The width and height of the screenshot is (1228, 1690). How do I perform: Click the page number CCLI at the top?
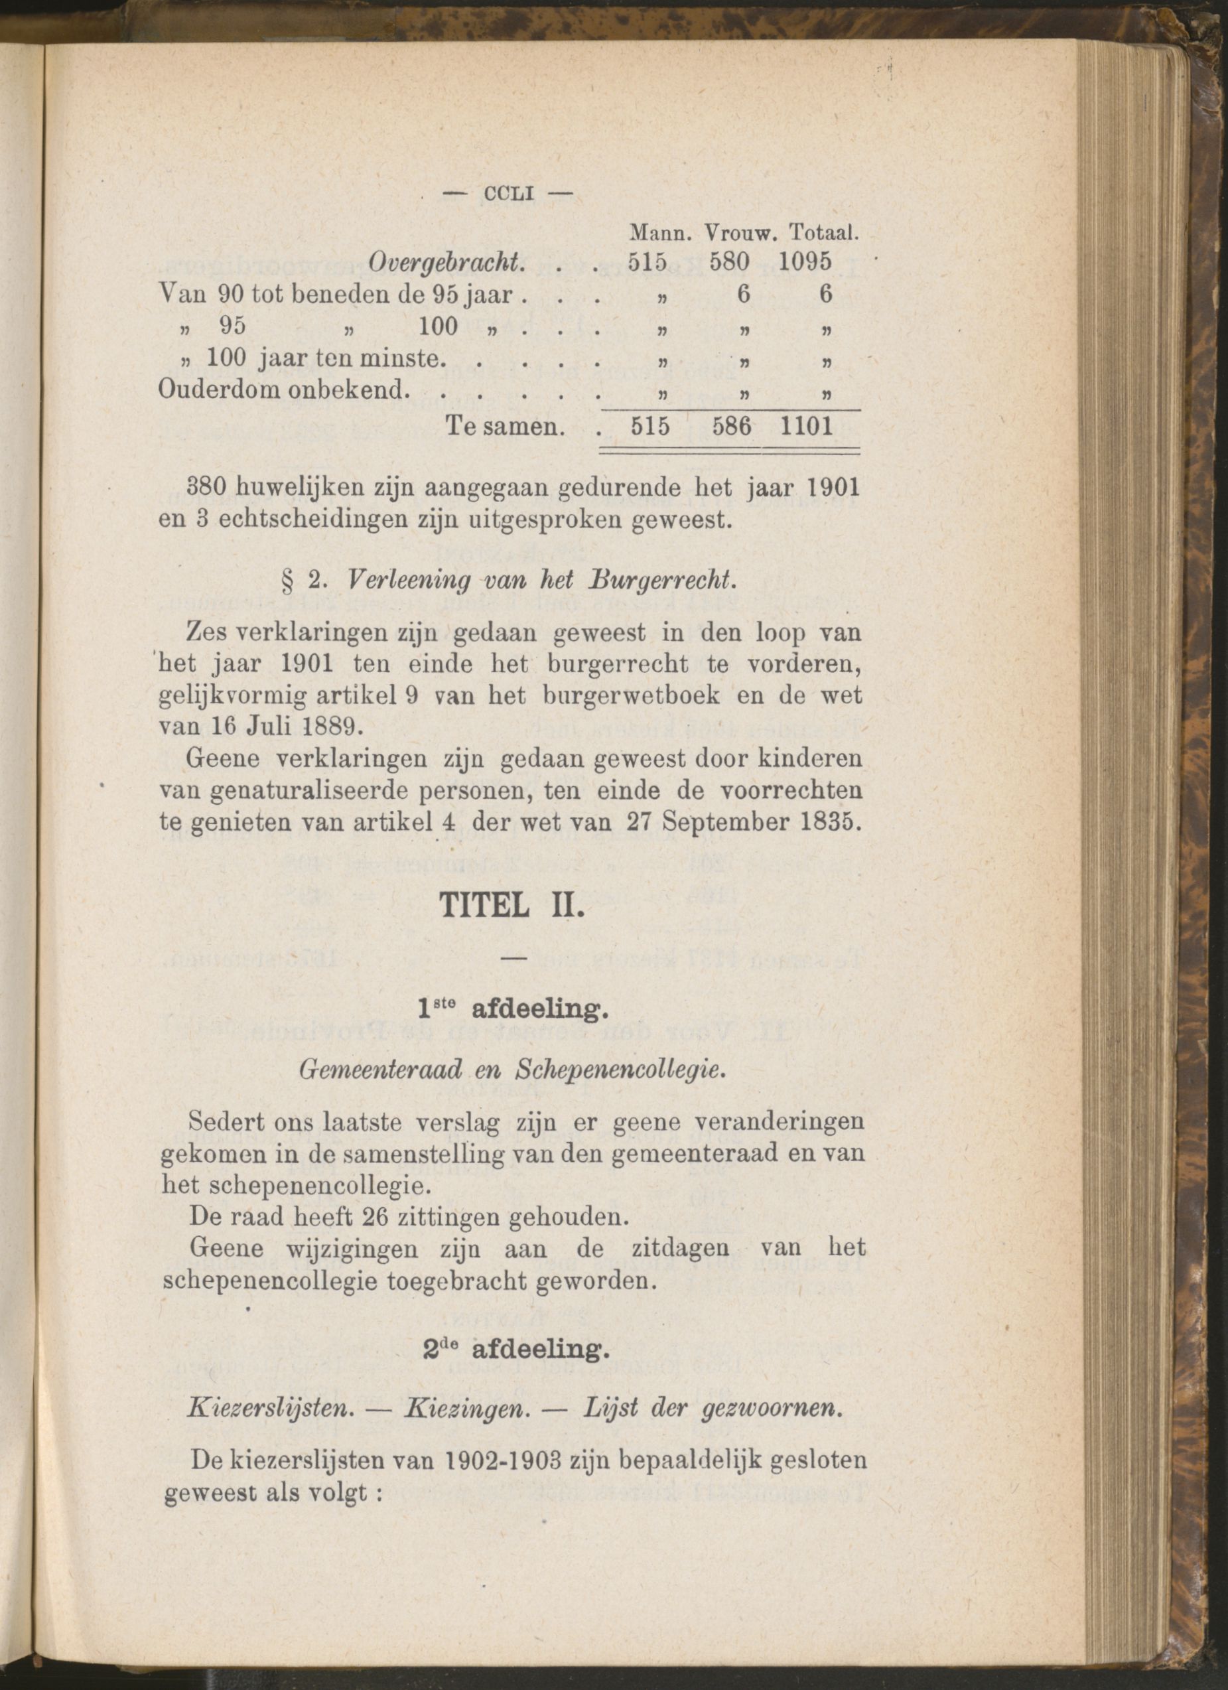[x=510, y=194]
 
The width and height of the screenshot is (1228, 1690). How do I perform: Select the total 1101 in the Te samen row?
[x=806, y=426]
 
